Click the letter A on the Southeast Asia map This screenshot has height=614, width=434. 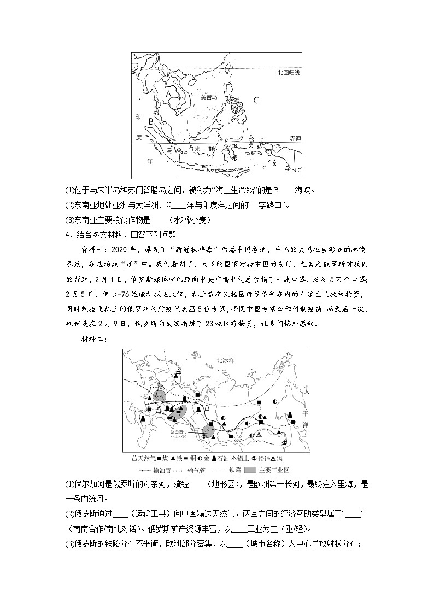[x=168, y=93]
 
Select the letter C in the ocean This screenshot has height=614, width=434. [x=255, y=100]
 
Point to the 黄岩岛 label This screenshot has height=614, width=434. [x=208, y=97]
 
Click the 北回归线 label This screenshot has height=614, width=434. [x=289, y=72]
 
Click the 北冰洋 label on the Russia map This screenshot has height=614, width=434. [x=209, y=360]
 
